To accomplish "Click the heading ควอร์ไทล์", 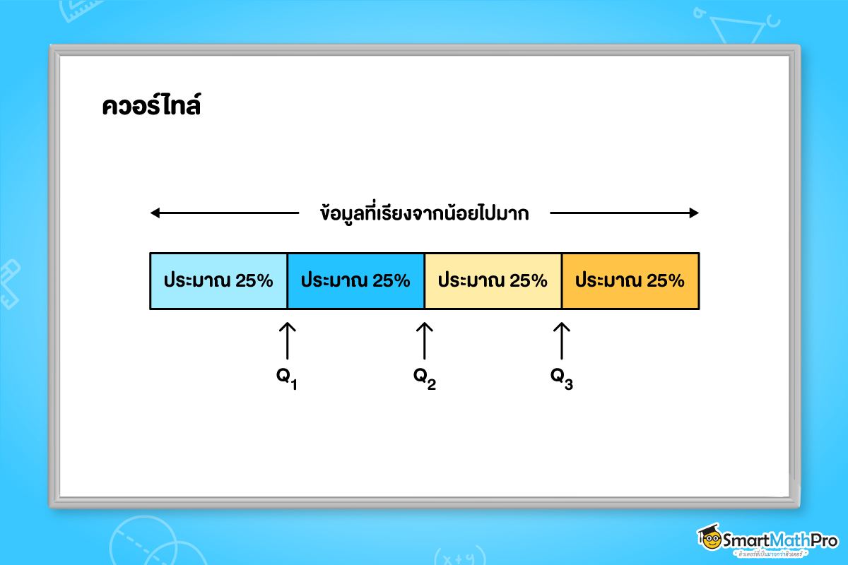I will click(x=151, y=107).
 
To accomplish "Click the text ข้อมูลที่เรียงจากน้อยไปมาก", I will click(x=424, y=213).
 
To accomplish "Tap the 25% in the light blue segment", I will click(x=254, y=281).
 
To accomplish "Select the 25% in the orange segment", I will click(x=666, y=281).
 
